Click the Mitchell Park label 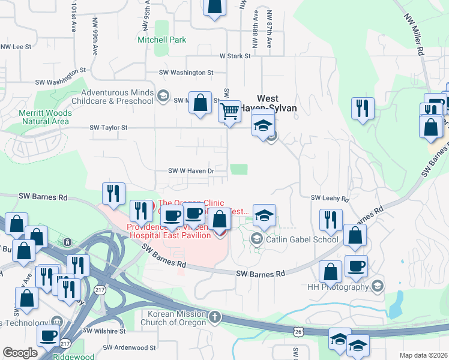click(x=161, y=40)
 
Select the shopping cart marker click(x=229, y=111)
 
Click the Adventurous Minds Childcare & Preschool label click(x=117, y=97)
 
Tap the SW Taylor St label click(x=109, y=128)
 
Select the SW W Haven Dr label click(x=191, y=171)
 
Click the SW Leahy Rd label click(x=330, y=198)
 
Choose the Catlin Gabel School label click(x=303, y=239)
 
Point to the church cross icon click(x=215, y=316)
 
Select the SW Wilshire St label click(x=104, y=331)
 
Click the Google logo click(x=20, y=353)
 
